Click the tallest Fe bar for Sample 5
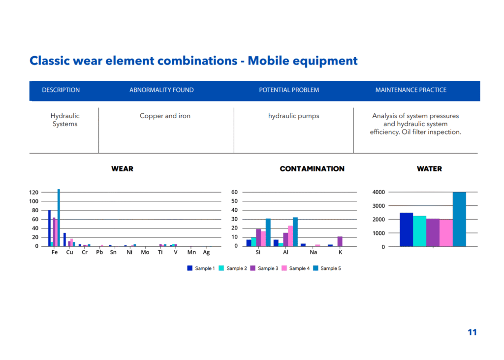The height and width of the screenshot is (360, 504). [59, 218]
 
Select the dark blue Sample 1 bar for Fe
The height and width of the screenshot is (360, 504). [50, 229]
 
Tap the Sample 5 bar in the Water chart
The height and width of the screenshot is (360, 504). [459, 220]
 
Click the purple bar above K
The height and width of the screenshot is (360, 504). [340, 242]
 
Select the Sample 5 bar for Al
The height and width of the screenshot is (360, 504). [295, 232]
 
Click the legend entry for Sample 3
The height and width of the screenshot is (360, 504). [264, 268]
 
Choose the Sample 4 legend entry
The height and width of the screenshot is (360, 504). [296, 268]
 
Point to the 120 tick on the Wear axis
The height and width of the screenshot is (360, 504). [34, 193]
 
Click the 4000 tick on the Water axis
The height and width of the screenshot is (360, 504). [378, 192]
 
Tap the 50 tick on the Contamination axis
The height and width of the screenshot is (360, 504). [235, 201]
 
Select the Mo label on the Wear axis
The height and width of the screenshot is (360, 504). [145, 252]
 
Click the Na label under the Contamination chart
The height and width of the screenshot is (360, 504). [314, 252]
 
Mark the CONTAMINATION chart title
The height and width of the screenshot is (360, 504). [312, 169]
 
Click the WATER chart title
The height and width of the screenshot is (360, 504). [429, 169]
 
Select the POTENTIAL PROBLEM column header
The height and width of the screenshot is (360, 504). [289, 90]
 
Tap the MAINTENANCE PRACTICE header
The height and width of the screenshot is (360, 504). [411, 90]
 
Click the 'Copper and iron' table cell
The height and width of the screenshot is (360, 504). [165, 116]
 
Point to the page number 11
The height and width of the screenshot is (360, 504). [472, 332]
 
